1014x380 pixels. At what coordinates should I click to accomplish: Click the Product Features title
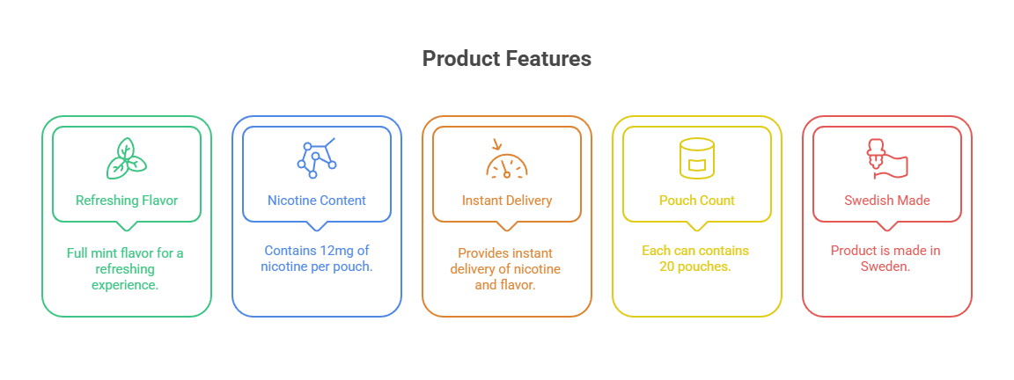506,59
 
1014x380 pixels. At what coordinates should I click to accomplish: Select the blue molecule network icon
316,157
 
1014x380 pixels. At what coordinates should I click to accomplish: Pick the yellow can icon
696,158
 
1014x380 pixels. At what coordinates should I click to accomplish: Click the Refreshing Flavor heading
127,201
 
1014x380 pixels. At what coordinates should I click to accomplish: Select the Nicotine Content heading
316,201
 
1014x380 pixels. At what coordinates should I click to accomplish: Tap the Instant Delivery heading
506,201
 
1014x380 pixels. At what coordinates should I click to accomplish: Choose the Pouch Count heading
696,201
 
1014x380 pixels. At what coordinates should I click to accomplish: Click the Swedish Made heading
886,201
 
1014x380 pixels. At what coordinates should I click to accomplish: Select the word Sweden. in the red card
885,267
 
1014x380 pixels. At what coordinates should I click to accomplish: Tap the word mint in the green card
115,253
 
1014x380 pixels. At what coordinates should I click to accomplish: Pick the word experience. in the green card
127,285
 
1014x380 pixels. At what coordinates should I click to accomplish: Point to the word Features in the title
547,59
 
